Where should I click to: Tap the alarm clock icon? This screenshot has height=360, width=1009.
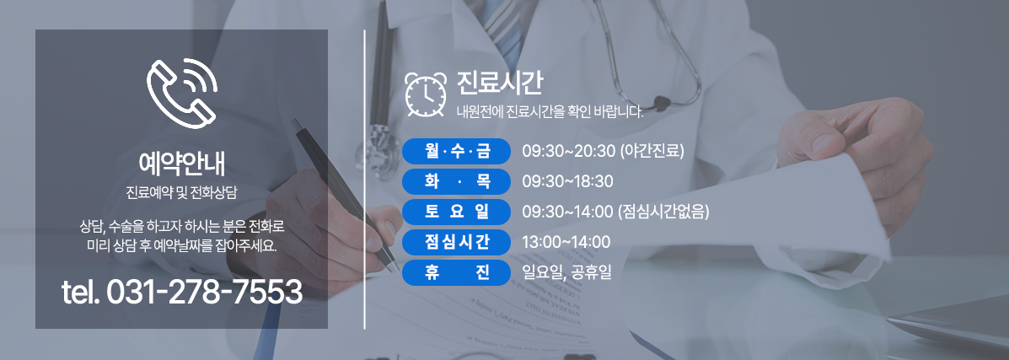426,94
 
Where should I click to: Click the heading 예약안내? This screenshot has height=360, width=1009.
181,164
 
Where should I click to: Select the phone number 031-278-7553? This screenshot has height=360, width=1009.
204,293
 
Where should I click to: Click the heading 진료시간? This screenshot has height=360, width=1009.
499,83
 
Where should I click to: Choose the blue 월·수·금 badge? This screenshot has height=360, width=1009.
456,152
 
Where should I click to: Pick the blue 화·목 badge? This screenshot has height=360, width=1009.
456,181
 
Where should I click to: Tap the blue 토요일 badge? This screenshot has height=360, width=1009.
456,212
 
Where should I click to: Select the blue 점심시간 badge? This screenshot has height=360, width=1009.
456,241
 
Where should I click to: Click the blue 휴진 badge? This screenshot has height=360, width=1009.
456,271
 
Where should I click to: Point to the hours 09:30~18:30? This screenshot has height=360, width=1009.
567,181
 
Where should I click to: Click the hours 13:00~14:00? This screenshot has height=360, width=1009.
566,242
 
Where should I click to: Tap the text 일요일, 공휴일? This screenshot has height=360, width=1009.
567,272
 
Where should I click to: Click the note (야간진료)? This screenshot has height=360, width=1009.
652,152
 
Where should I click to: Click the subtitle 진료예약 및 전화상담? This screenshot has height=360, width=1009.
181,192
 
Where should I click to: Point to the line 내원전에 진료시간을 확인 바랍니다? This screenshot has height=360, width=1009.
550,113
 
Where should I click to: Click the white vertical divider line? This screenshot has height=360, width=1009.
365,179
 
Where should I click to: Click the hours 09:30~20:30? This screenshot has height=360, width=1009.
568,152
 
